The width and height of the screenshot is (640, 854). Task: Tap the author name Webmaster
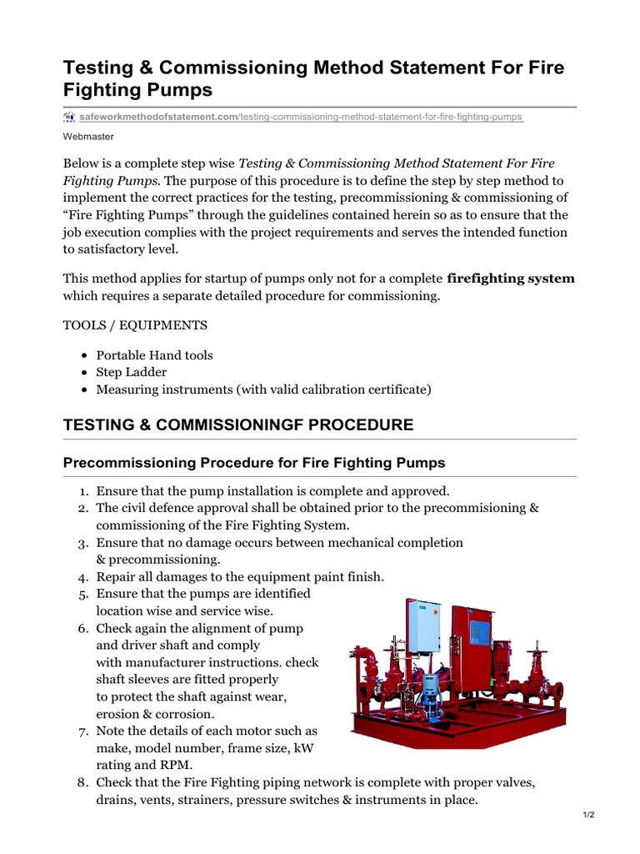(88, 136)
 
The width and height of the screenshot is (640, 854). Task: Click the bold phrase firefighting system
(511, 278)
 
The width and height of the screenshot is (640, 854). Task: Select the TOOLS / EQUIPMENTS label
(135, 324)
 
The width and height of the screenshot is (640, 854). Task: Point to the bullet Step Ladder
(131, 372)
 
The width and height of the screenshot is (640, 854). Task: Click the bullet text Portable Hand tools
(154, 355)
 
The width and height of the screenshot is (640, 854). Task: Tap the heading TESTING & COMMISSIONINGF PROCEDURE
(238, 424)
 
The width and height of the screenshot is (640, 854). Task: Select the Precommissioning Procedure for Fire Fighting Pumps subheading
(254, 462)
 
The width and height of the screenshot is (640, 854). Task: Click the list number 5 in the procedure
(83, 594)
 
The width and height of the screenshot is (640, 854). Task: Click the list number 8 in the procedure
(83, 782)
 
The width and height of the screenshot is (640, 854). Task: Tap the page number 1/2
(588, 815)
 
